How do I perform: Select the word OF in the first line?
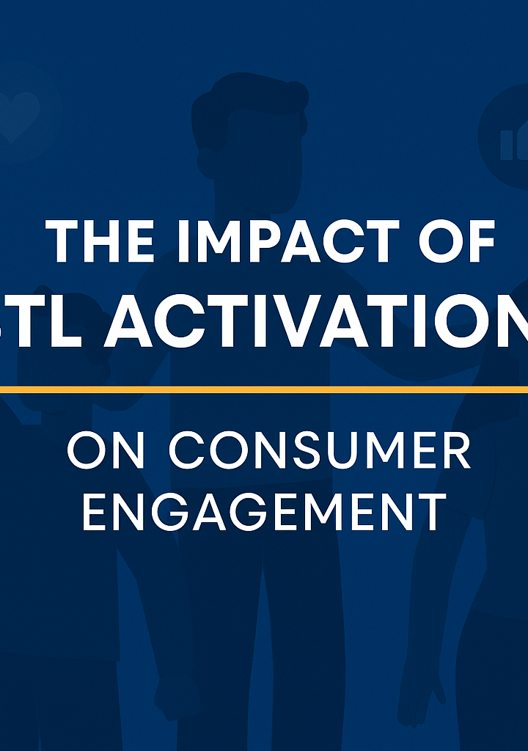[x=458, y=242]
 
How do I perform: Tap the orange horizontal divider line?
[x=264, y=389]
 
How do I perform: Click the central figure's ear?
[x=206, y=158]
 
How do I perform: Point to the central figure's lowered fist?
[x=180, y=686]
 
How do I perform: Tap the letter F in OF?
[x=480, y=242]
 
